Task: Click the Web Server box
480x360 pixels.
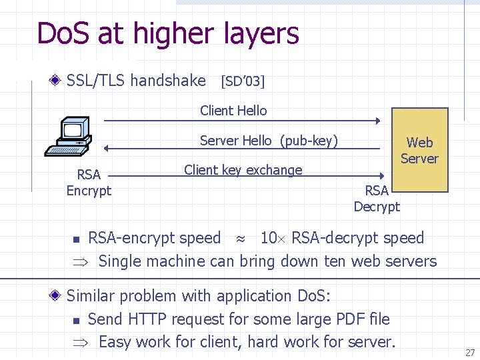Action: point(419,150)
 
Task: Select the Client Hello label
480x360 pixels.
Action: point(233,111)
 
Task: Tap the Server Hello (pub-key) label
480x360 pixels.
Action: point(269,141)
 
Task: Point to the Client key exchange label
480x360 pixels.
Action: point(243,170)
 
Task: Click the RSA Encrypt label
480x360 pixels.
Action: point(89,183)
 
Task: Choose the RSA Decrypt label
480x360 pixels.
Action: point(377,198)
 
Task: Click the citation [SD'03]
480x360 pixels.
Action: point(242,81)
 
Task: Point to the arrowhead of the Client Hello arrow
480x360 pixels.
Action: point(377,121)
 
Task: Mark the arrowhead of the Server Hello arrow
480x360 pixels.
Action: point(106,148)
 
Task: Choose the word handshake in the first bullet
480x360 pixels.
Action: point(168,81)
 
